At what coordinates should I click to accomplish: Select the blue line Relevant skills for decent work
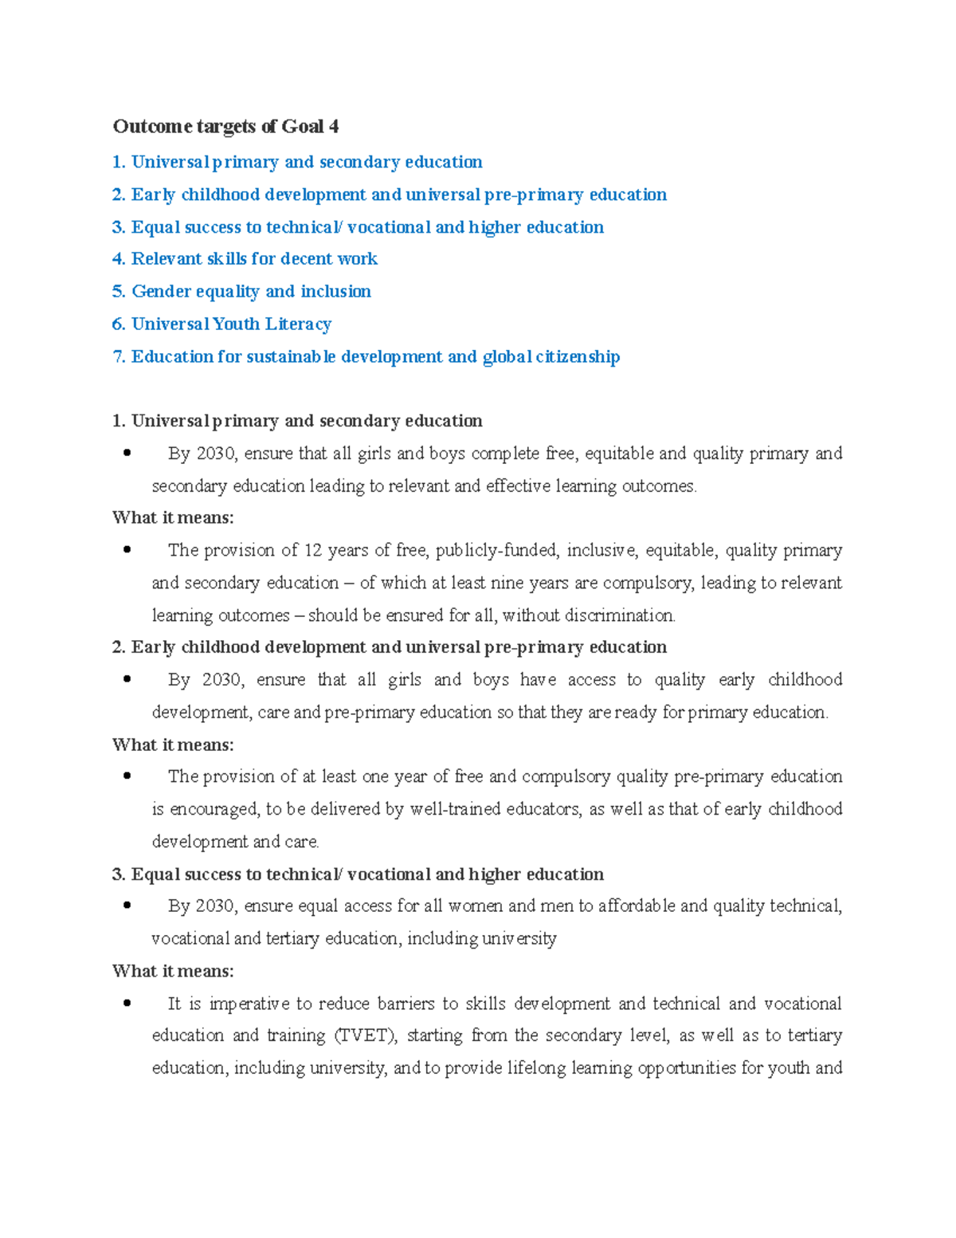245,258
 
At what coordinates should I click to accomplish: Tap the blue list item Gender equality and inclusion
242,291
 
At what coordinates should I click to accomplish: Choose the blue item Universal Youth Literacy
222,324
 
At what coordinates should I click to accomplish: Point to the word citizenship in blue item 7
578,356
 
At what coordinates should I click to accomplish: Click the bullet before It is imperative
127,1004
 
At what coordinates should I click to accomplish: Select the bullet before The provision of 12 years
127,550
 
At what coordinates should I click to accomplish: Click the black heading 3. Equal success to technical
358,874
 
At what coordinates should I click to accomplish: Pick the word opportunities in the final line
687,1068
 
